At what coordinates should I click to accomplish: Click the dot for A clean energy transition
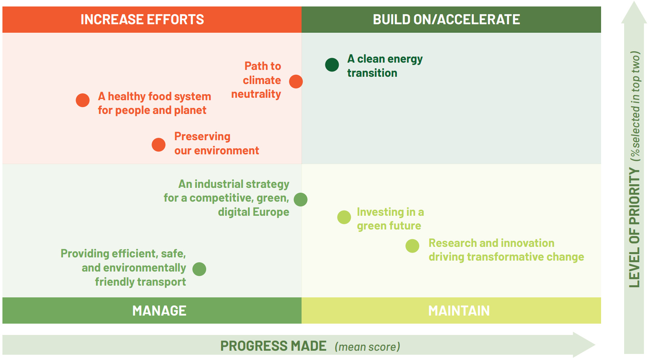click(x=332, y=65)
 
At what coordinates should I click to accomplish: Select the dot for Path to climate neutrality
click(x=296, y=81)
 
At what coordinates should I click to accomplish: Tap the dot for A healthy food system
click(x=83, y=100)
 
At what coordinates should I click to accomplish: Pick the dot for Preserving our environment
click(x=159, y=145)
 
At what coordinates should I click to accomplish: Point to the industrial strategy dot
click(x=301, y=200)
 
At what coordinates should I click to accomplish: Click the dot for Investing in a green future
click(x=344, y=217)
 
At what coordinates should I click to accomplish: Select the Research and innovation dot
click(x=412, y=246)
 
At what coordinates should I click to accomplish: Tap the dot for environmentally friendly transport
click(x=199, y=269)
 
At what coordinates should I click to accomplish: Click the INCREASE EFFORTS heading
click(x=142, y=19)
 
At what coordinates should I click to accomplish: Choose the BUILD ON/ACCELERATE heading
click(x=446, y=19)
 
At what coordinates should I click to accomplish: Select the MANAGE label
click(x=159, y=311)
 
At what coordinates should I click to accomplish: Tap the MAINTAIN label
click(x=459, y=311)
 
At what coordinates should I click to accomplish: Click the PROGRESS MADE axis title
click(x=273, y=346)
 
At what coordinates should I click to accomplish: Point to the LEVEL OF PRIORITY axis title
click(x=635, y=228)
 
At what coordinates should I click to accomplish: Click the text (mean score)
click(x=367, y=347)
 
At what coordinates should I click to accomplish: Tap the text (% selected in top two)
click(x=635, y=106)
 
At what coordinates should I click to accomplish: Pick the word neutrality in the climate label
click(x=256, y=94)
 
